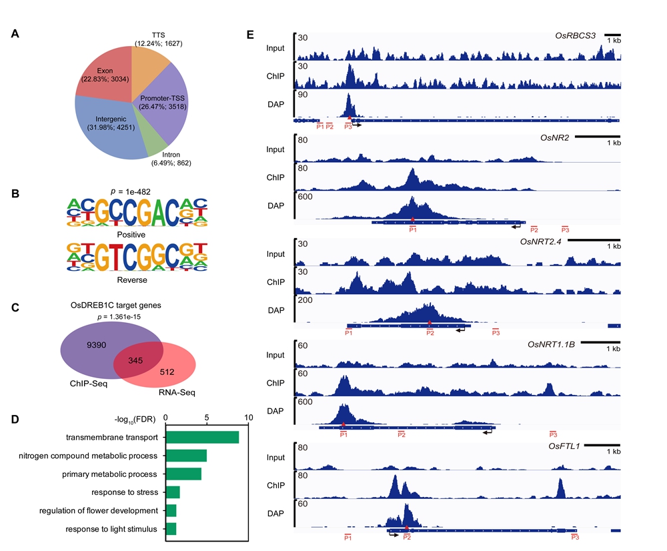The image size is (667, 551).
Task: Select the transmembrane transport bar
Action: pyautogui.click(x=202, y=437)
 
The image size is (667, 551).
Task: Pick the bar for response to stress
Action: pyautogui.click(x=173, y=492)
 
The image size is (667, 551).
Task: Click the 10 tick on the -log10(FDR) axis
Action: pyautogui.click(x=249, y=418)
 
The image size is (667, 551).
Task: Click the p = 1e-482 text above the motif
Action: pyautogui.click(x=137, y=191)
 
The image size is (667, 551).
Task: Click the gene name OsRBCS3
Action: pyautogui.click(x=575, y=35)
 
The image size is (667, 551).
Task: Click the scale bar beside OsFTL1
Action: pyautogui.click(x=606, y=445)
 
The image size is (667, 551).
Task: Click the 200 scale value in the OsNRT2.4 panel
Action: pyautogui.click(x=305, y=300)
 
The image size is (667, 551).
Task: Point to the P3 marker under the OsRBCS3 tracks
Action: pyautogui.click(x=348, y=126)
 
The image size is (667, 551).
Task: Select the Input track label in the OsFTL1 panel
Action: pyautogui.click(x=275, y=458)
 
